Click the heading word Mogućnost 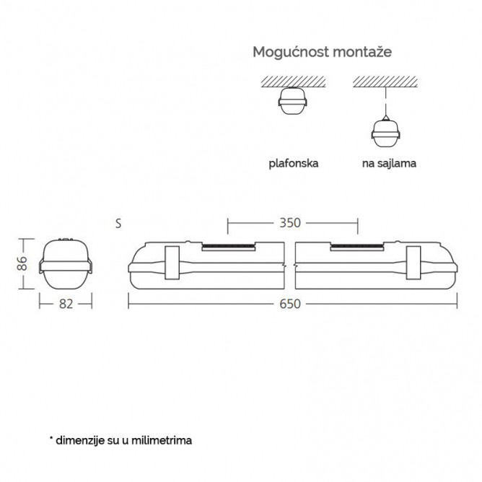click(291, 52)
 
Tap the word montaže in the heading click(362, 52)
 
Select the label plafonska click(294, 163)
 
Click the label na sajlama click(389, 163)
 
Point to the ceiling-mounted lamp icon click(293, 101)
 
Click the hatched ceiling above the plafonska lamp click(293, 82)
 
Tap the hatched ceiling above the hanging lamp click(385, 82)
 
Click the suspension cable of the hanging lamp click(386, 102)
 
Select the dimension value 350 click(290, 223)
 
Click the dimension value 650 click(290, 304)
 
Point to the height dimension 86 click(22, 263)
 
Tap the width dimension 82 click(66, 304)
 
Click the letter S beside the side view click(118, 224)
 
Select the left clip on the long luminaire click(172, 263)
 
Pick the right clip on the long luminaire click(413, 263)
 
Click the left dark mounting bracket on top click(229, 247)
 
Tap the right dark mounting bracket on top click(357, 247)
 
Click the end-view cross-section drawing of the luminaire click(66, 264)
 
